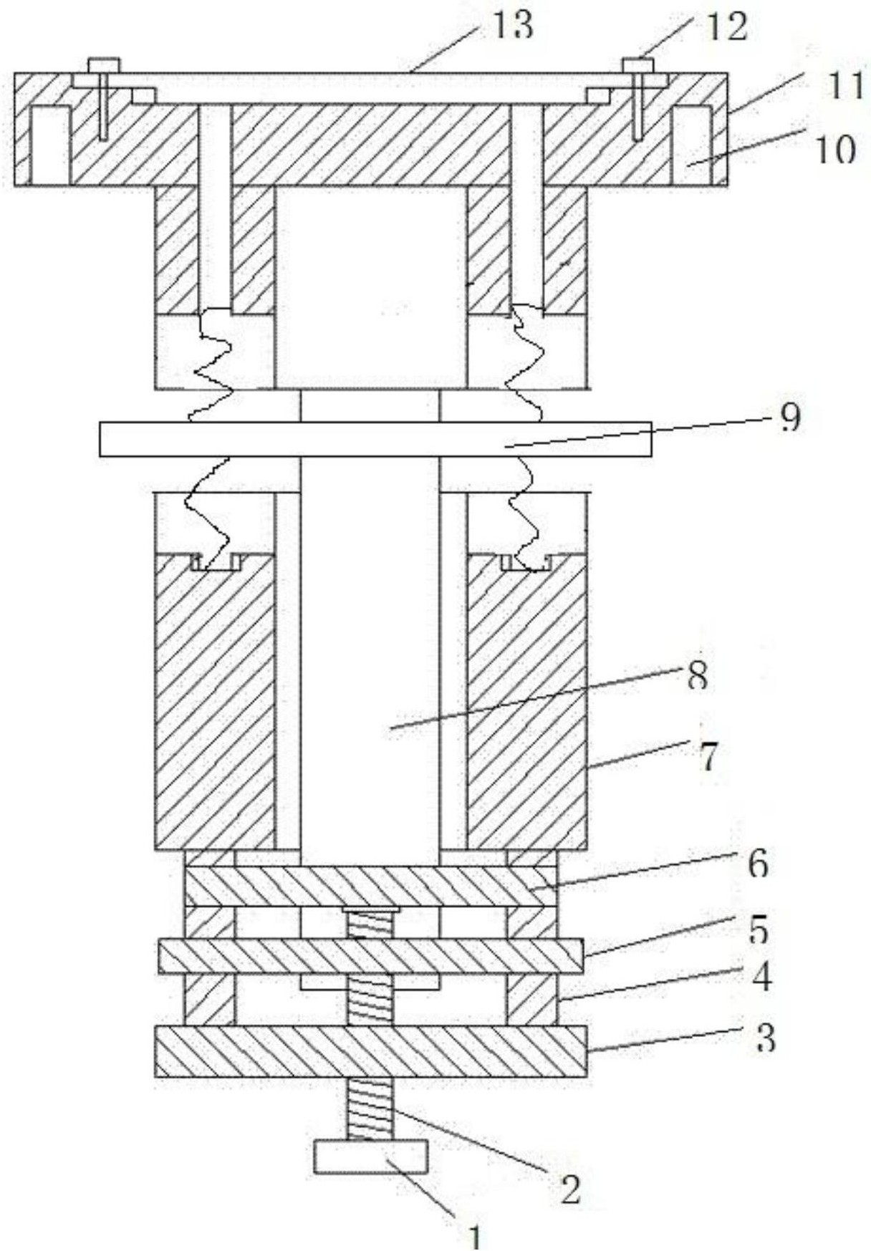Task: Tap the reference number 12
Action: (x=726, y=26)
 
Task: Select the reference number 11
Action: (x=843, y=87)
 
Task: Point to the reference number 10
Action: (x=834, y=150)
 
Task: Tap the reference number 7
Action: (x=708, y=757)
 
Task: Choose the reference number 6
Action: (x=758, y=864)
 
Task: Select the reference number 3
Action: (x=766, y=1038)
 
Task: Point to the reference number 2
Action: (x=570, y=1189)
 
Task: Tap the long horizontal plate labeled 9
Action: (x=376, y=439)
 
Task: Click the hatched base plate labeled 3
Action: (x=372, y=1050)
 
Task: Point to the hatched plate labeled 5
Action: (x=371, y=956)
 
